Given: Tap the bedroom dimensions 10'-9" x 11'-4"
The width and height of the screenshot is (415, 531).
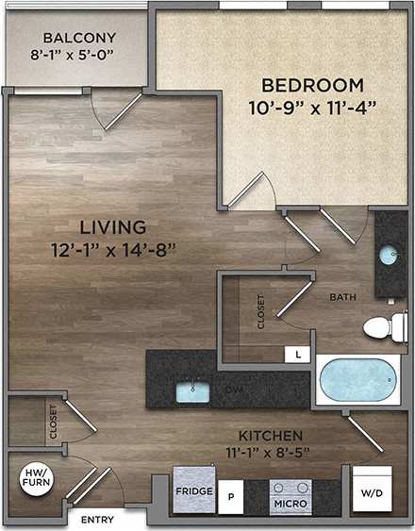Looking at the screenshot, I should coord(307,106).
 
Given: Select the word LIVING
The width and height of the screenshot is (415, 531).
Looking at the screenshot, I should coord(112,227).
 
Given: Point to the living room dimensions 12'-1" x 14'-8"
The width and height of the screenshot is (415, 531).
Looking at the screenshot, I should coord(114,250).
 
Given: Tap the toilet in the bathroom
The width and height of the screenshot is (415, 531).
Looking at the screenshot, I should coord(382,327).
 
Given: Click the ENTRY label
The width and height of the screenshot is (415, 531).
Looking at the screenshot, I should coord(97,520).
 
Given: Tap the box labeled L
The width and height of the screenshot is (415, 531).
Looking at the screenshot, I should coord(298,355).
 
